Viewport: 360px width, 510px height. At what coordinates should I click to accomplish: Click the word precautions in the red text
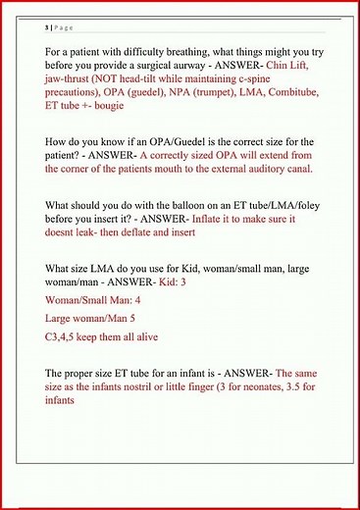click(x=76, y=120)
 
